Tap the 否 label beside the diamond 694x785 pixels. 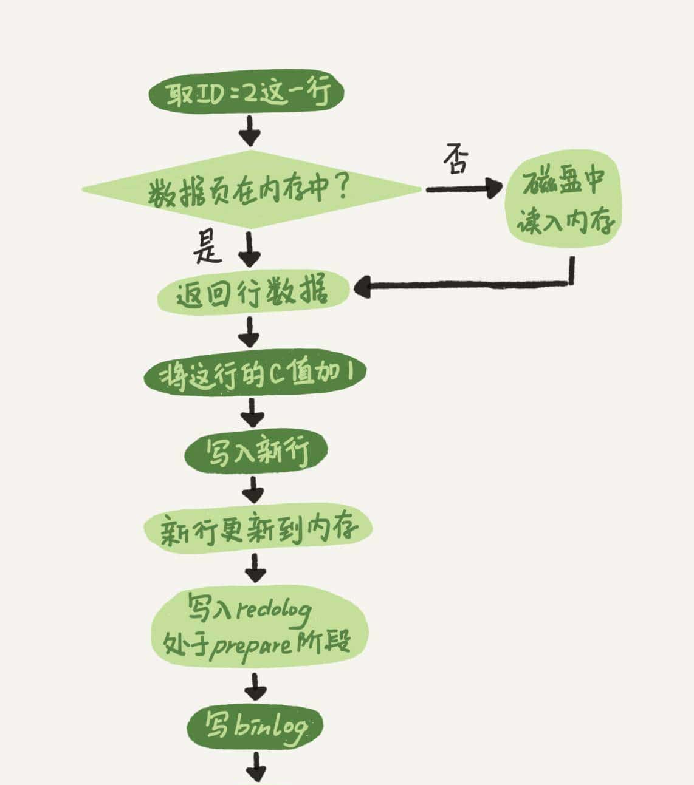pyautogui.click(x=456, y=159)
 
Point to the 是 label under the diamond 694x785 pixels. pyautogui.click(x=207, y=247)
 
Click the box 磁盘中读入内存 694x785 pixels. pyautogui.click(x=565, y=202)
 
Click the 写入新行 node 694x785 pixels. pyautogui.click(x=256, y=450)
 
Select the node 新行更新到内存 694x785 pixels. pyautogui.click(x=258, y=529)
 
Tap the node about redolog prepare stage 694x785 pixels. pyautogui.click(x=259, y=625)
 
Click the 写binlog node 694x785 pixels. pyautogui.click(x=255, y=725)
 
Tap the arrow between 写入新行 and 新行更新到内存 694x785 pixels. pyautogui.click(x=253, y=488)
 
